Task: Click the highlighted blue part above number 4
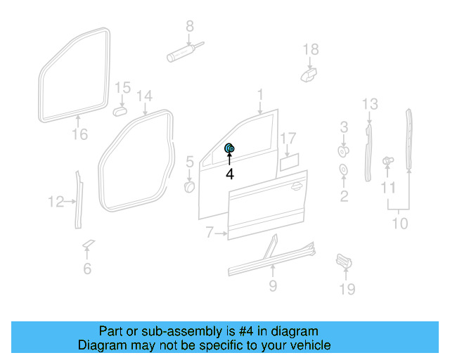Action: pos(229,148)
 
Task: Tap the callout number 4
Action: pos(230,173)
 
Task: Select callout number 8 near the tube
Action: pos(189,27)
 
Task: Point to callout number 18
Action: pos(311,49)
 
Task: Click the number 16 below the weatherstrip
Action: pos(79,134)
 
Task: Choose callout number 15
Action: pos(123,88)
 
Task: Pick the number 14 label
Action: pos(144,95)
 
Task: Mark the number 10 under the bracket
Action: pos(399,224)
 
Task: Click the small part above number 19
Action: pos(343,261)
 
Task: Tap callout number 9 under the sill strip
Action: pos(273,285)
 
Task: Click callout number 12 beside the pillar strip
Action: pos(56,202)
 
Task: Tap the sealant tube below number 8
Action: pos(181,51)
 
